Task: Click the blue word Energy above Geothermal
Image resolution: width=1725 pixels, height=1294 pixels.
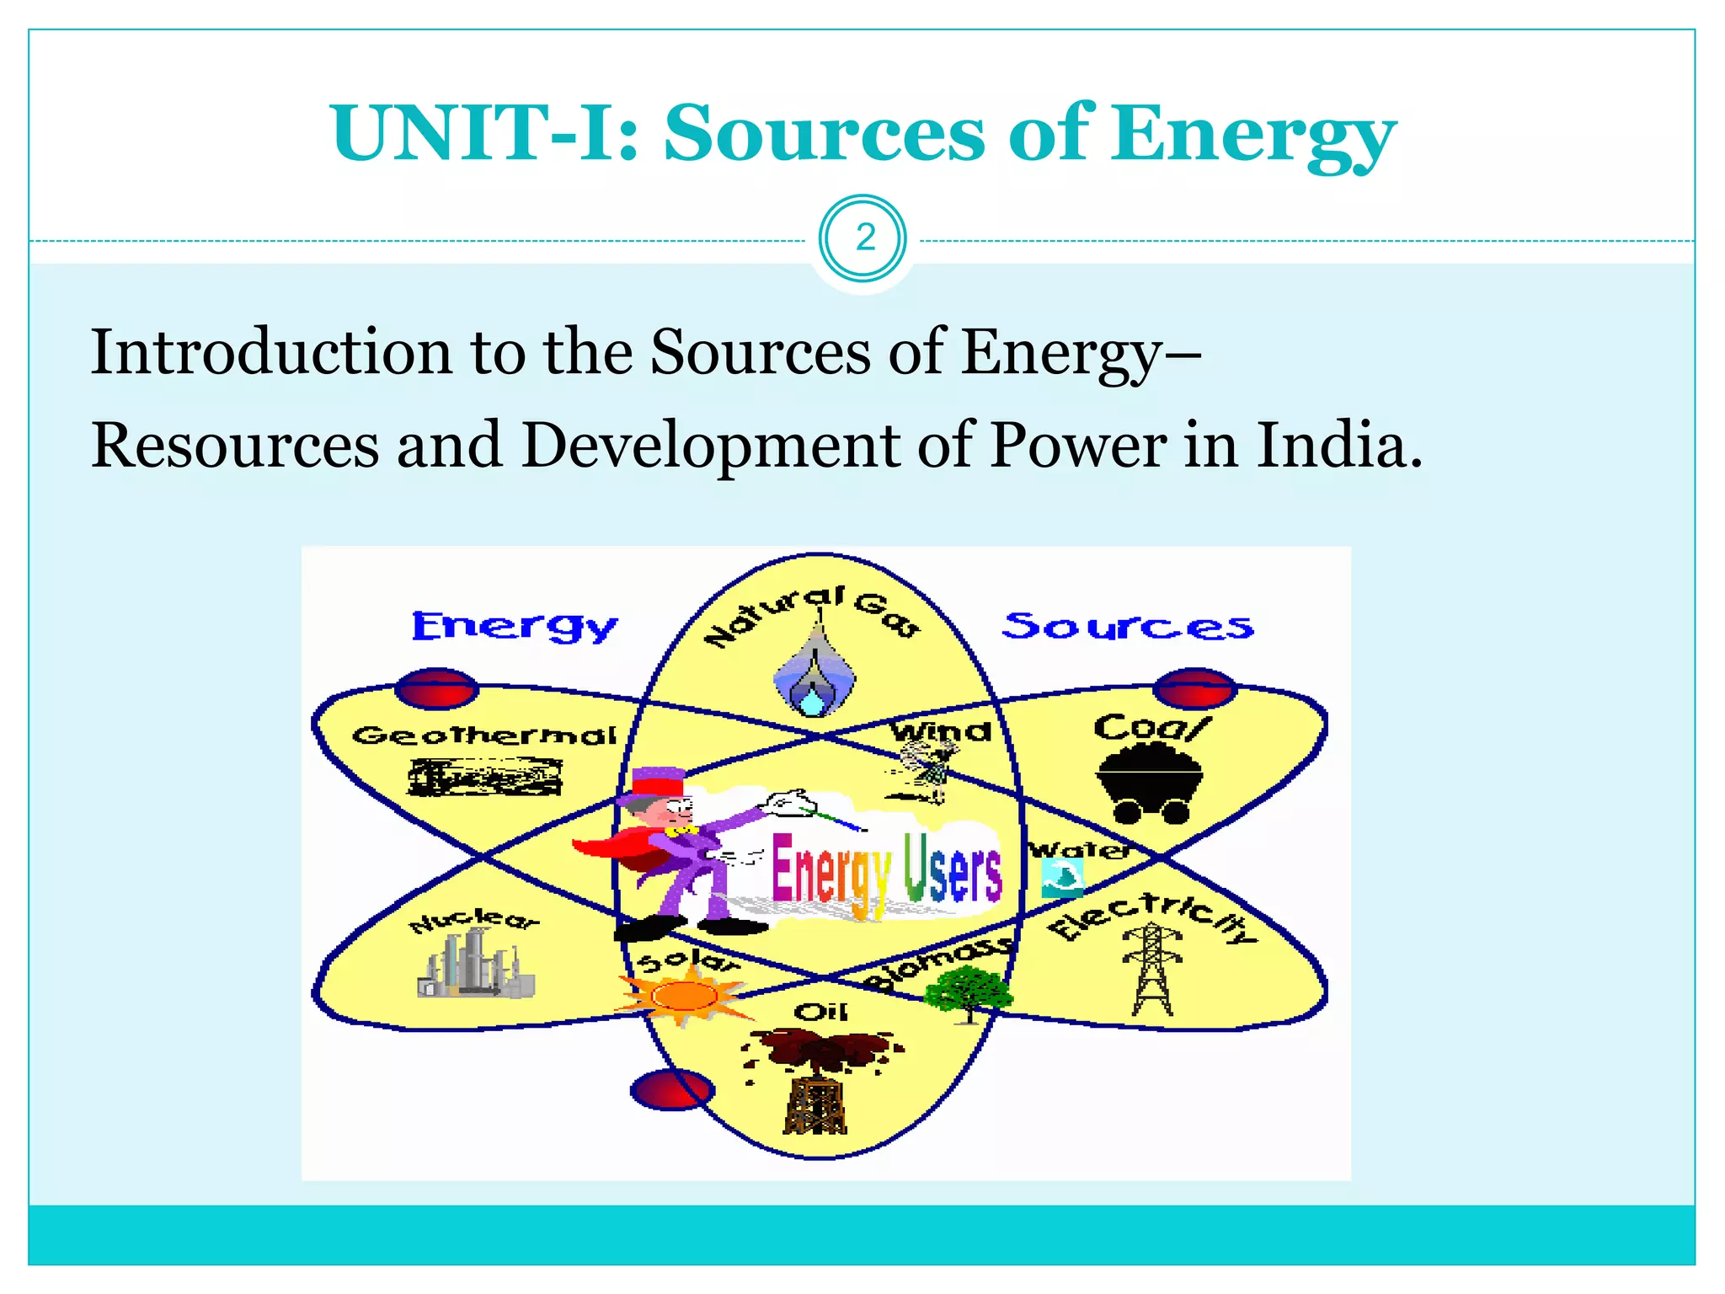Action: pyautogui.click(x=514, y=626)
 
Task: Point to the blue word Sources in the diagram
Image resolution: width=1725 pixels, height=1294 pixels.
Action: pyautogui.click(x=1127, y=626)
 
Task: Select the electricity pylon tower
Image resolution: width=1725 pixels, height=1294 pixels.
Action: pyautogui.click(x=1151, y=969)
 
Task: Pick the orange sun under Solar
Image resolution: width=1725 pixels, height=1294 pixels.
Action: pyautogui.click(x=684, y=996)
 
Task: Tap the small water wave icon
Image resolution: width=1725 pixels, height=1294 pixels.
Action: pyautogui.click(x=1061, y=877)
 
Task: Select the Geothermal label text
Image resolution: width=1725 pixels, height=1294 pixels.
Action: pyautogui.click(x=484, y=735)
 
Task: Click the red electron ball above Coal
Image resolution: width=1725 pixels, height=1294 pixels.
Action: pyautogui.click(x=1194, y=689)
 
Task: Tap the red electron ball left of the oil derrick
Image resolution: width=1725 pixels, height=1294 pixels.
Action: pyautogui.click(x=672, y=1089)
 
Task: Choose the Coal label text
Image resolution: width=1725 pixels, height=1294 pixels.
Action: pyautogui.click(x=1151, y=727)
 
